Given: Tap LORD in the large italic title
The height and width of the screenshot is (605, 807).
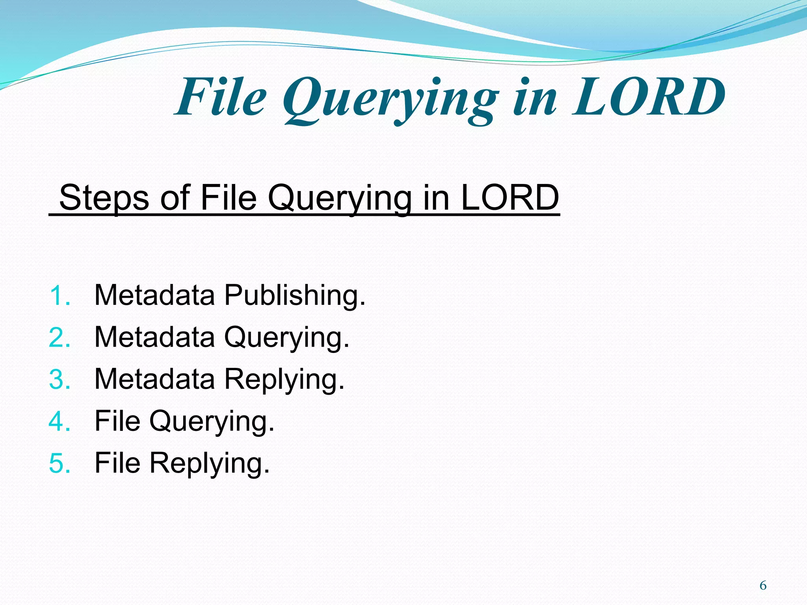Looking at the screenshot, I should click(648, 98).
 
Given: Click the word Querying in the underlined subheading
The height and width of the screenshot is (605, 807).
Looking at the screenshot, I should click(339, 199).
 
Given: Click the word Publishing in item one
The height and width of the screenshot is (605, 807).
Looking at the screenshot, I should click(295, 295).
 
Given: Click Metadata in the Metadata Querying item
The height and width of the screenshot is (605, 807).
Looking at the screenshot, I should click(155, 337).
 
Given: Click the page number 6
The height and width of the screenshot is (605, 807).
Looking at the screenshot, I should click(763, 586).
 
